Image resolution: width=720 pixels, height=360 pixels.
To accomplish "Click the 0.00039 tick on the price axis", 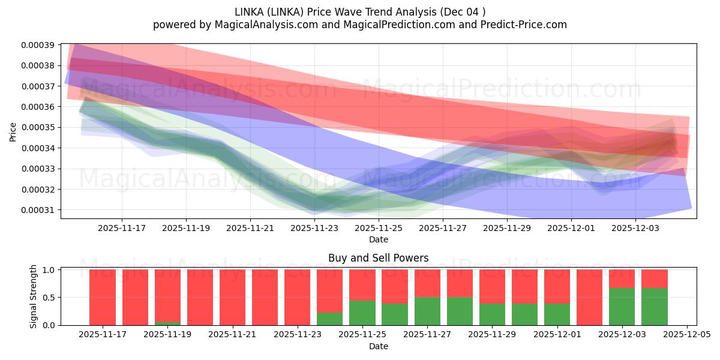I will coord(38,45).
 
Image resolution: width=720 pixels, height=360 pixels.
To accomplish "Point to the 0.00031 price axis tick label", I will coord(38,210).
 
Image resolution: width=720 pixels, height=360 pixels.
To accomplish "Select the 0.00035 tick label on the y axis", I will coord(38,127).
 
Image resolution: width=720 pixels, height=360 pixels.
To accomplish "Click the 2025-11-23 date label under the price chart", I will coord(314,228).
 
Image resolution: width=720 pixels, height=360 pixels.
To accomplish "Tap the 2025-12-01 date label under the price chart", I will coord(571,228).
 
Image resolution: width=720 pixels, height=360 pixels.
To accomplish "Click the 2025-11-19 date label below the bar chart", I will coord(167,335).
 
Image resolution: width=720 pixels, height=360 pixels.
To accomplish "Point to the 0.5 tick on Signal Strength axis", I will coord(49,298).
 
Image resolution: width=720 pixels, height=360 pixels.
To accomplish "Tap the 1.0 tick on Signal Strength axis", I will coord(49,270).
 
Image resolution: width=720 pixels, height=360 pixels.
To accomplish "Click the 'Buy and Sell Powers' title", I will coord(378,258).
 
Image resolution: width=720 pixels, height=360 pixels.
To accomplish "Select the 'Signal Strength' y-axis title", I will coord(34,296).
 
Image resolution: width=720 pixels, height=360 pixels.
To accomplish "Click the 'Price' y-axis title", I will coord(13,132).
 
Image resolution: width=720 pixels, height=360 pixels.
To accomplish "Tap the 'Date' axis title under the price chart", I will coord(378,239).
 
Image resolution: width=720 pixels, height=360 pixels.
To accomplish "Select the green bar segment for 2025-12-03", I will coord(622,306).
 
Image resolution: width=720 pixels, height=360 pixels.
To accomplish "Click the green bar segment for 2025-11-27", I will coord(427,311).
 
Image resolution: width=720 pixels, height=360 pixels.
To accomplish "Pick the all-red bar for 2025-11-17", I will coord(103,297).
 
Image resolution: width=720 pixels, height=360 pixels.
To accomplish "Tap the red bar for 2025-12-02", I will coord(589,297).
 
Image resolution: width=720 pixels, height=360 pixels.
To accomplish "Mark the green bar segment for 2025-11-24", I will coord(329,319).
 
